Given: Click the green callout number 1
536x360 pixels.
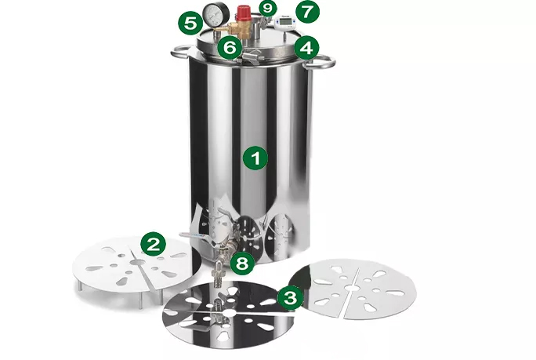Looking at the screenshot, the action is pyautogui.click(x=255, y=158).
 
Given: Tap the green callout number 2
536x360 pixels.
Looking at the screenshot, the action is pyautogui.click(x=153, y=243).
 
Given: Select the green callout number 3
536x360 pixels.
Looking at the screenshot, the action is pyautogui.click(x=291, y=298).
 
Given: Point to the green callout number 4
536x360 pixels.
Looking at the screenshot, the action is pyautogui.click(x=306, y=48).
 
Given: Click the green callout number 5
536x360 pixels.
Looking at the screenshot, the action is pyautogui.click(x=190, y=24).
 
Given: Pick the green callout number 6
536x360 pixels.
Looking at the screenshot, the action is pyautogui.click(x=230, y=48).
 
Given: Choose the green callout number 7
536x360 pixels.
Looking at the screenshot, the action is pyautogui.click(x=307, y=12).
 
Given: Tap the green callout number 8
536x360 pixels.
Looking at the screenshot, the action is pyautogui.click(x=242, y=264).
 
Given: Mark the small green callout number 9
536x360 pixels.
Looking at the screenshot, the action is pyautogui.click(x=268, y=8).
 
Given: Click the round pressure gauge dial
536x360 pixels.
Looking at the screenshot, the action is pyautogui.click(x=212, y=13).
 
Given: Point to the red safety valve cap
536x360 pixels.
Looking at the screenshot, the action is pyautogui.click(x=244, y=13).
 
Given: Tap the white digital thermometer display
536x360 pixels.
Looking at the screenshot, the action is pyautogui.click(x=284, y=21).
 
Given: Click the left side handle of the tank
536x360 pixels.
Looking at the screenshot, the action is pyautogui.click(x=180, y=52).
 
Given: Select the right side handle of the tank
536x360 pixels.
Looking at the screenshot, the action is pyautogui.click(x=321, y=63).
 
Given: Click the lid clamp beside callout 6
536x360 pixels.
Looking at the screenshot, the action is pyautogui.click(x=252, y=56).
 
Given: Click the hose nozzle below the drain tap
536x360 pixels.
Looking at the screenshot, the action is pyautogui.click(x=218, y=275).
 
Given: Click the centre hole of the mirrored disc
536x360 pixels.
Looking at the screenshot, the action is pyautogui.click(x=228, y=313).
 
